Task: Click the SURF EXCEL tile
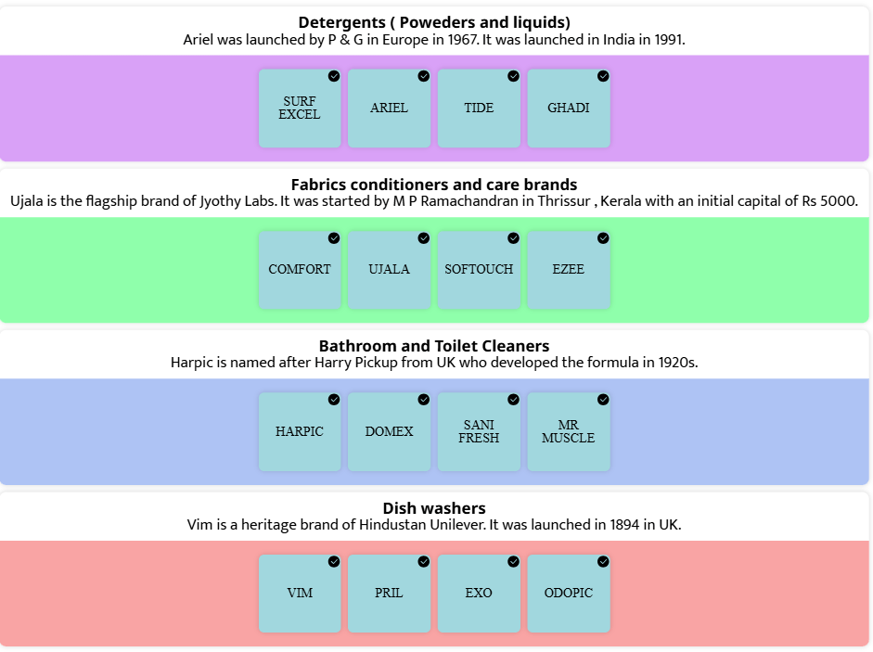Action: pos(300,109)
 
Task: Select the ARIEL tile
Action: pos(389,109)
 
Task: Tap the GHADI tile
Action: pos(569,109)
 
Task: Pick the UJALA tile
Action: pos(389,270)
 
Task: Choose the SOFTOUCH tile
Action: pos(479,270)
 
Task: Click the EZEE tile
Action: pos(569,270)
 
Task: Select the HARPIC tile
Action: pos(300,431)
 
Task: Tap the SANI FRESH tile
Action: pos(479,431)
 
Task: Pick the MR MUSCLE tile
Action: pos(569,431)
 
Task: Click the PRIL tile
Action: pos(389,594)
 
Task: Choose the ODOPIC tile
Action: pos(569,594)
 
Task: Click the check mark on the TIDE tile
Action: pos(513,76)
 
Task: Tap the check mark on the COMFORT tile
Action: pos(334,238)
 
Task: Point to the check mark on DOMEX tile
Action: pos(424,400)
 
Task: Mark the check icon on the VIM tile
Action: pos(334,562)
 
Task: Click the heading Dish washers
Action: pos(434,508)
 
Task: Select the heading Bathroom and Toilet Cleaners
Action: pos(434,346)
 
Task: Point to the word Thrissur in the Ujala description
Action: pos(564,201)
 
